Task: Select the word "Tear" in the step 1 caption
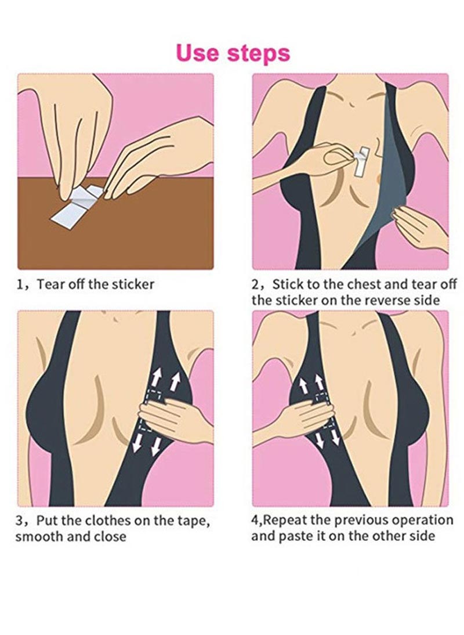click(51, 284)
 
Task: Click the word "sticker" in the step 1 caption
click(133, 284)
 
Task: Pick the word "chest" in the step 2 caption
click(363, 284)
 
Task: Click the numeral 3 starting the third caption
click(19, 521)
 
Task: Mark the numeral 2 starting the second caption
click(255, 284)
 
